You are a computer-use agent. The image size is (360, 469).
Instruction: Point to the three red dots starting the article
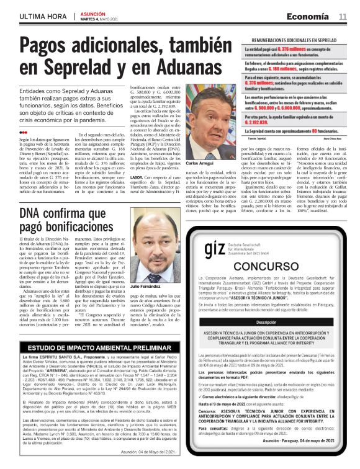[23, 133]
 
